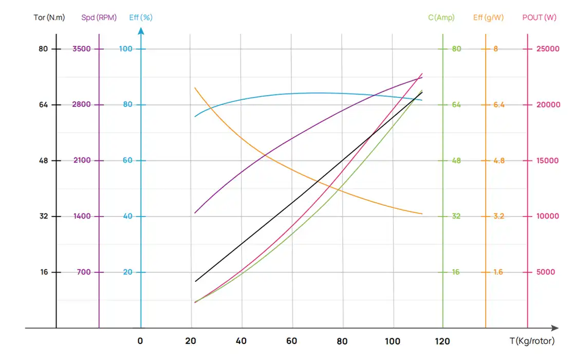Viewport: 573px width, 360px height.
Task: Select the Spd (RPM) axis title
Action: tap(99, 17)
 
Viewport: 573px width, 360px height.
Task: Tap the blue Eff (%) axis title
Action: tap(141, 17)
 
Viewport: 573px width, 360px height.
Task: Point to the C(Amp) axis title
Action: tap(441, 17)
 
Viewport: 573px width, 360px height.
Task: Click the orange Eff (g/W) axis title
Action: tap(488, 17)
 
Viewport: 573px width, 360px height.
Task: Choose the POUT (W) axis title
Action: tap(539, 17)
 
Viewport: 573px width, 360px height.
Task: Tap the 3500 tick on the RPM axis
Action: tap(82, 49)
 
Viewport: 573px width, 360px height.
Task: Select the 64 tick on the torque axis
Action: tap(43, 104)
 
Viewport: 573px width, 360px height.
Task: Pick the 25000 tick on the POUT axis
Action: tap(548, 49)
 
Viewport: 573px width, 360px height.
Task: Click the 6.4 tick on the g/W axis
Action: tap(498, 104)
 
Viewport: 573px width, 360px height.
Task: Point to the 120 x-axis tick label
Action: tap(442, 341)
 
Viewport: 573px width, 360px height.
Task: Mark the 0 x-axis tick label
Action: tap(140, 341)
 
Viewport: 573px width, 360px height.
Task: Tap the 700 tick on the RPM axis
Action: tap(84, 272)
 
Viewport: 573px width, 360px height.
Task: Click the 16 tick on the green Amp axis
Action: tap(456, 272)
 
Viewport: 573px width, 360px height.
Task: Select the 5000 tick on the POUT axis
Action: tap(546, 272)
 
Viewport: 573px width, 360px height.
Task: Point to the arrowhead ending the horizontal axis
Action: tap(555, 328)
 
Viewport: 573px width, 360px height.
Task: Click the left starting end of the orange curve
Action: tap(195, 88)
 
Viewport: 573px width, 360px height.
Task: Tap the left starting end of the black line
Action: tap(195, 281)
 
